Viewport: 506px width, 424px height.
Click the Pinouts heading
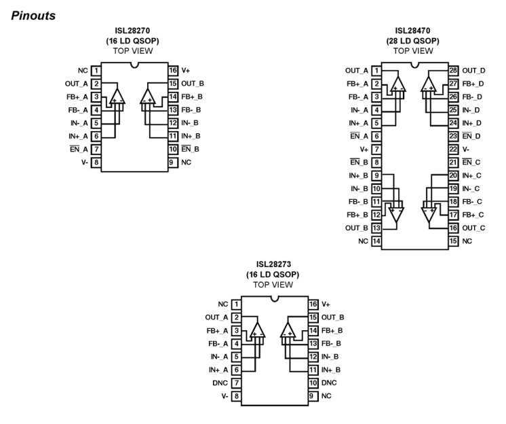(x=33, y=16)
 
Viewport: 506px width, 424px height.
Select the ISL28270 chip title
(x=133, y=31)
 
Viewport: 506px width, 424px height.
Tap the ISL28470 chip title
(x=413, y=31)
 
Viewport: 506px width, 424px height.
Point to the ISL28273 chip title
(x=273, y=264)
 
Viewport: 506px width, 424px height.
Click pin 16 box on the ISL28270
(x=173, y=71)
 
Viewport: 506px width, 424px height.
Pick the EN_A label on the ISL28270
(x=79, y=149)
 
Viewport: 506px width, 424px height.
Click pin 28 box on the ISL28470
(x=453, y=71)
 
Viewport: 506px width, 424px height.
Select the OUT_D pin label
(x=473, y=71)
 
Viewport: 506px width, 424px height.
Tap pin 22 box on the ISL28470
(x=453, y=149)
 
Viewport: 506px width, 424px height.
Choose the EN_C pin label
(x=471, y=162)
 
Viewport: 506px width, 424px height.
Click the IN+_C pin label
(x=471, y=175)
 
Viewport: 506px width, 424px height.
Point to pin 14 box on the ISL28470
(x=376, y=241)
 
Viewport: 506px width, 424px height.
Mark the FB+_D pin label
(x=473, y=84)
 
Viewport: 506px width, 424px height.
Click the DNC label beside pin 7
(x=220, y=383)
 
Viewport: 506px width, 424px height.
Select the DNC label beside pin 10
(x=329, y=383)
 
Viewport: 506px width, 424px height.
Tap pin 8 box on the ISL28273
(x=236, y=396)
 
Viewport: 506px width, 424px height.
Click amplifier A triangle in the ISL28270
(x=117, y=96)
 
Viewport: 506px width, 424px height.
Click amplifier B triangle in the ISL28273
(x=288, y=330)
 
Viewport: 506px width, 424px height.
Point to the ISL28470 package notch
(x=415, y=65)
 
